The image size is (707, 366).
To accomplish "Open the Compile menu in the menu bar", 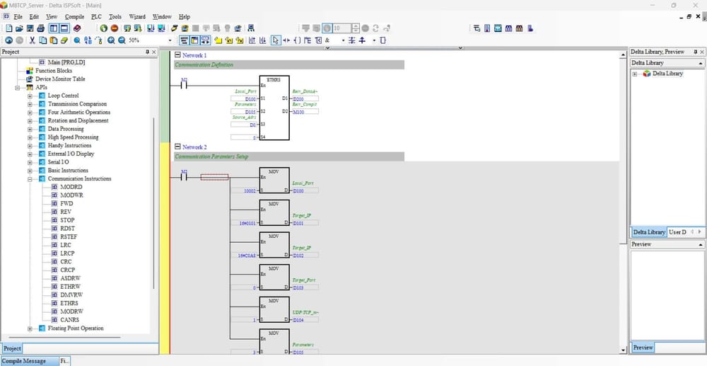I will [74, 16].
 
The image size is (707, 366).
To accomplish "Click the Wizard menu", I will [137, 16].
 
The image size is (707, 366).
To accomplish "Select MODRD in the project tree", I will [71, 187].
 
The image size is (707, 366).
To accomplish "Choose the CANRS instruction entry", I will [70, 320].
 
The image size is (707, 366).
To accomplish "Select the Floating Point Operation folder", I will [76, 328].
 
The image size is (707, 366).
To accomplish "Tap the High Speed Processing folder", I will [73, 137].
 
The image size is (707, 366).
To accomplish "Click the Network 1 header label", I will [194, 55].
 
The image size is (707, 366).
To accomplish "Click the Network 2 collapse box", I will [177, 147].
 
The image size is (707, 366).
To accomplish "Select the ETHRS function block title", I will [274, 79].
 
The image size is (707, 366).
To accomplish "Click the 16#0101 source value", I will [247, 223].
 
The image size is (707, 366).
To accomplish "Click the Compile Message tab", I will [25, 361].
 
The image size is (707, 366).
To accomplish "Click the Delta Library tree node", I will [667, 74].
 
